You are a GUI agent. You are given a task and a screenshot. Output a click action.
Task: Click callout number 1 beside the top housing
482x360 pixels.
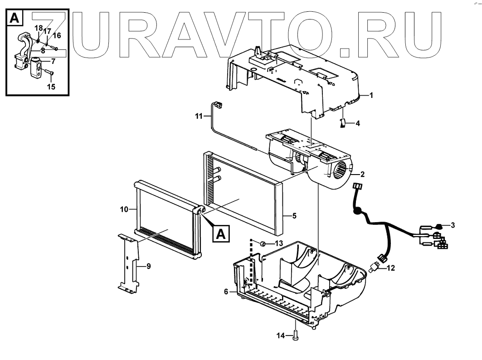point(371,96)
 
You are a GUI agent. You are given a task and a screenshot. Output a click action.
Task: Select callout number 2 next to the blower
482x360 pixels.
point(362,174)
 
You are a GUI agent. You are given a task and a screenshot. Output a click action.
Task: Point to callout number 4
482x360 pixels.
point(357,123)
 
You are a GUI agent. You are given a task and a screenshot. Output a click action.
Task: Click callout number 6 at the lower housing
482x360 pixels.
point(226,292)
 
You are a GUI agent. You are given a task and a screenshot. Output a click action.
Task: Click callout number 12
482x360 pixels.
point(390,268)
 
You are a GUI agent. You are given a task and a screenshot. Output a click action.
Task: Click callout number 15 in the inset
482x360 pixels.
point(51,86)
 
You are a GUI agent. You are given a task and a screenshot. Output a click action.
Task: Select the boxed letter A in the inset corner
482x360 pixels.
point(14,18)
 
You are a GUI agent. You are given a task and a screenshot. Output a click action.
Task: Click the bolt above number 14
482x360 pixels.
point(296,336)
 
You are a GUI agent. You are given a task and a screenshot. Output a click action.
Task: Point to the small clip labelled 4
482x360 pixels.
point(343,123)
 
